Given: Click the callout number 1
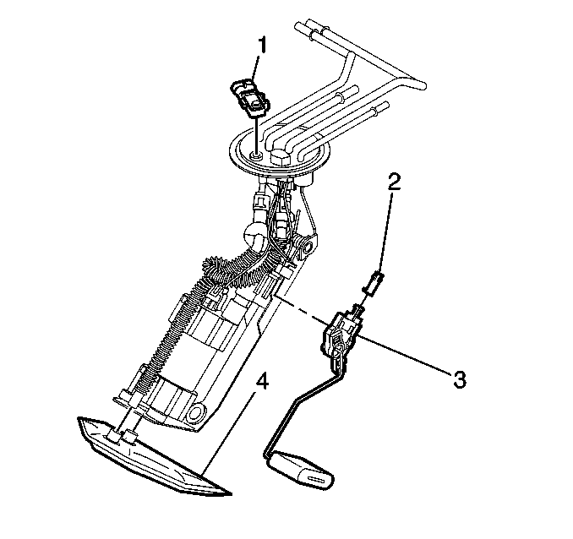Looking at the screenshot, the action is click(x=262, y=46).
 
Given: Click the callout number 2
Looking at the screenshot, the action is click(x=394, y=182).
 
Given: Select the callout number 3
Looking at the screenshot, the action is click(x=460, y=379).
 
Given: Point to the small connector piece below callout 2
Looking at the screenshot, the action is click(x=373, y=281).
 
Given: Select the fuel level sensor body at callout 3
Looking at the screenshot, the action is click(x=341, y=333).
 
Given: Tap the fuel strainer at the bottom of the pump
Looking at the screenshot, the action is click(x=154, y=457).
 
